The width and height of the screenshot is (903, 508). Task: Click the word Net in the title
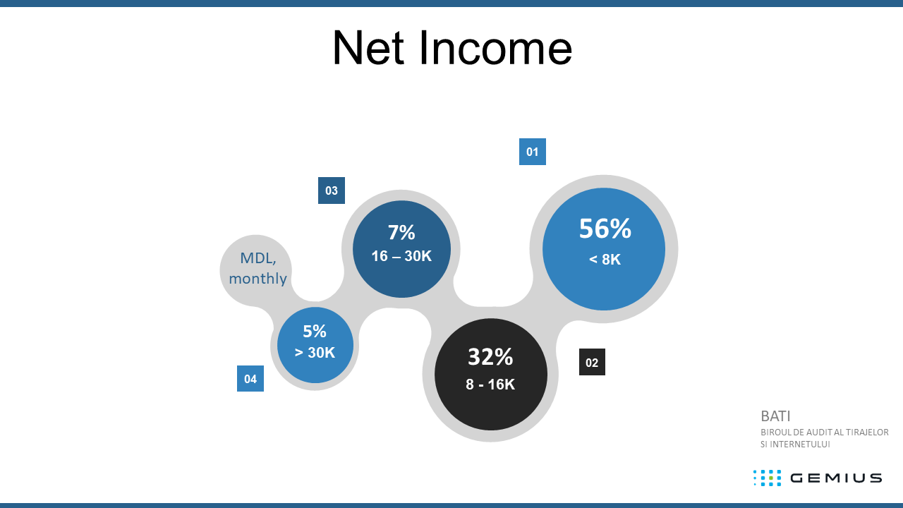(x=368, y=48)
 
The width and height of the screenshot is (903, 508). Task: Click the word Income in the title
(x=495, y=48)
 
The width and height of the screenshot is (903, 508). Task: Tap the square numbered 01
(x=533, y=152)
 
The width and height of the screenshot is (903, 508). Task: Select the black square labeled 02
(x=592, y=362)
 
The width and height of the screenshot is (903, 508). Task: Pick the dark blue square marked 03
(x=332, y=190)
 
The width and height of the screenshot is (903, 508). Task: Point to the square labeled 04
(x=250, y=379)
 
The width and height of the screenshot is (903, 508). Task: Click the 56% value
(x=605, y=229)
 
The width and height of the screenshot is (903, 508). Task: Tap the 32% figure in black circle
(x=490, y=357)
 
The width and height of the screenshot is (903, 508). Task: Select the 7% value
(x=401, y=232)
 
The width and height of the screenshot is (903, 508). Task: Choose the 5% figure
(x=315, y=332)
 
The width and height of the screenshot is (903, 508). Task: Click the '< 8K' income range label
(x=605, y=259)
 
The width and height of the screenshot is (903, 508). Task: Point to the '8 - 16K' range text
(x=490, y=385)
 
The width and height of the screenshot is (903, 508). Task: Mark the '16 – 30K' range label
(x=401, y=256)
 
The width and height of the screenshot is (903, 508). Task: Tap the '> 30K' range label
(x=315, y=352)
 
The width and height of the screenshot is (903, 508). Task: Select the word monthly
(x=258, y=279)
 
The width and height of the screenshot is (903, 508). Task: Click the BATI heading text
(x=775, y=416)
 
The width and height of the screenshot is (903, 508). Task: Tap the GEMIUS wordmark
(x=836, y=478)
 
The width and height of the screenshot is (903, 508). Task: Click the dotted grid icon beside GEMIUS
(x=767, y=478)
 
